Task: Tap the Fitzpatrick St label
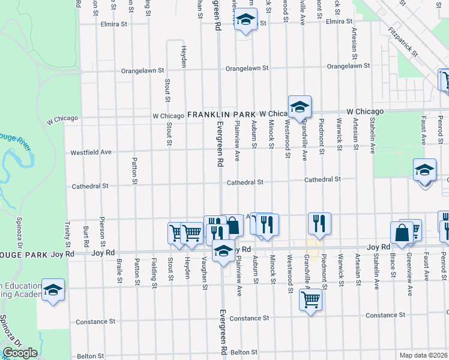coord(403,41)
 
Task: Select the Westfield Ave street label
coord(91,152)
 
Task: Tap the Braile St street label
coord(120,271)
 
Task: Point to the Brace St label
coord(393,265)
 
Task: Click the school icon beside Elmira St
coord(245,21)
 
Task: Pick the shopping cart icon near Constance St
coord(310,299)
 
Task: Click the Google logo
coord(19,353)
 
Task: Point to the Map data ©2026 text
coord(423,355)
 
